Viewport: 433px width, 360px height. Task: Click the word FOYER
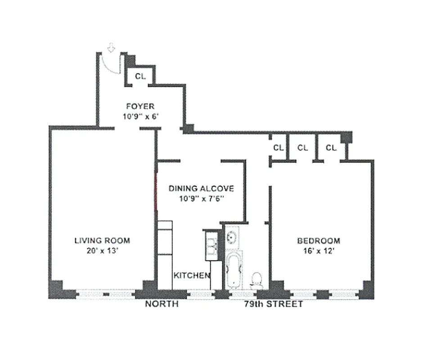point(140,107)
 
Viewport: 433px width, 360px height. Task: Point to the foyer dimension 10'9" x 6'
point(140,116)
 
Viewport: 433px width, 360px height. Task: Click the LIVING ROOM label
point(102,240)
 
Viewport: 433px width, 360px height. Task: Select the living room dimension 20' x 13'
point(102,251)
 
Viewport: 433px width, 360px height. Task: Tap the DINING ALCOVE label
point(201,189)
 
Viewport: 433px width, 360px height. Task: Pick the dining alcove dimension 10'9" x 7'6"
point(201,198)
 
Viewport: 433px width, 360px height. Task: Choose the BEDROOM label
point(318,241)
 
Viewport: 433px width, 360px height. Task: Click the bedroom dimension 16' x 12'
point(318,251)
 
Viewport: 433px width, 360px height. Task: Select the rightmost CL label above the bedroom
point(332,147)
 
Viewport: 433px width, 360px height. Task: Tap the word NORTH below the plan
point(162,304)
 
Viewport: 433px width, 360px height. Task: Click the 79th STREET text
point(273,304)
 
